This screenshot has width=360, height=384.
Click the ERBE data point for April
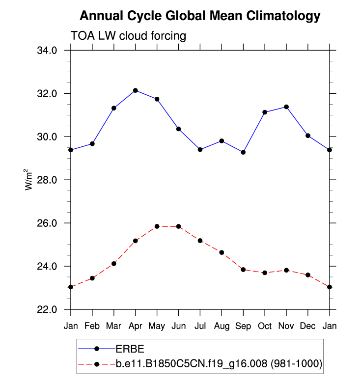coord(135,90)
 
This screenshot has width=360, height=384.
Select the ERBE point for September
coord(243,152)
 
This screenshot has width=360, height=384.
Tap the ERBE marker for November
coord(286,107)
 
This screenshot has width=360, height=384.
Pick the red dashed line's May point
coord(157,226)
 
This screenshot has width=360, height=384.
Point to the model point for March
coord(114,264)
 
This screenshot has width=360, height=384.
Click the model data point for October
coord(265,273)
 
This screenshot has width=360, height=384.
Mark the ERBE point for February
coord(92,143)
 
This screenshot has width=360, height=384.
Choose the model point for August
coord(222,252)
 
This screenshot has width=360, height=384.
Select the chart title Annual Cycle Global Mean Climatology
coord(199,16)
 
